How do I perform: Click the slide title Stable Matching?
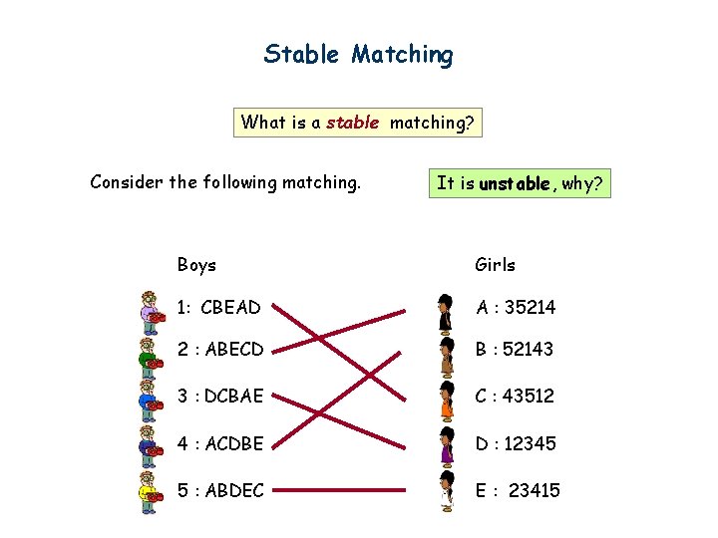click(358, 54)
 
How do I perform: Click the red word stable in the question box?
click(352, 124)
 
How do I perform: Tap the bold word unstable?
click(514, 183)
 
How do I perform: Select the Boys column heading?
click(196, 265)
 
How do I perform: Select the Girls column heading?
click(495, 265)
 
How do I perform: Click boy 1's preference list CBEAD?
click(230, 308)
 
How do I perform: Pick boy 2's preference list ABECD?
click(231, 350)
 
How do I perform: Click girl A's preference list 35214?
click(530, 308)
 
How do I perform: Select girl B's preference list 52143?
click(530, 350)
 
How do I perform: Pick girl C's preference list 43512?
click(530, 396)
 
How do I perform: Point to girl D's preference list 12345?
click(531, 443)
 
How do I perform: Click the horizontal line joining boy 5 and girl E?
click(339, 490)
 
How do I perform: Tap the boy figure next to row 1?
click(150, 311)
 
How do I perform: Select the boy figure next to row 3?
click(150, 399)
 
